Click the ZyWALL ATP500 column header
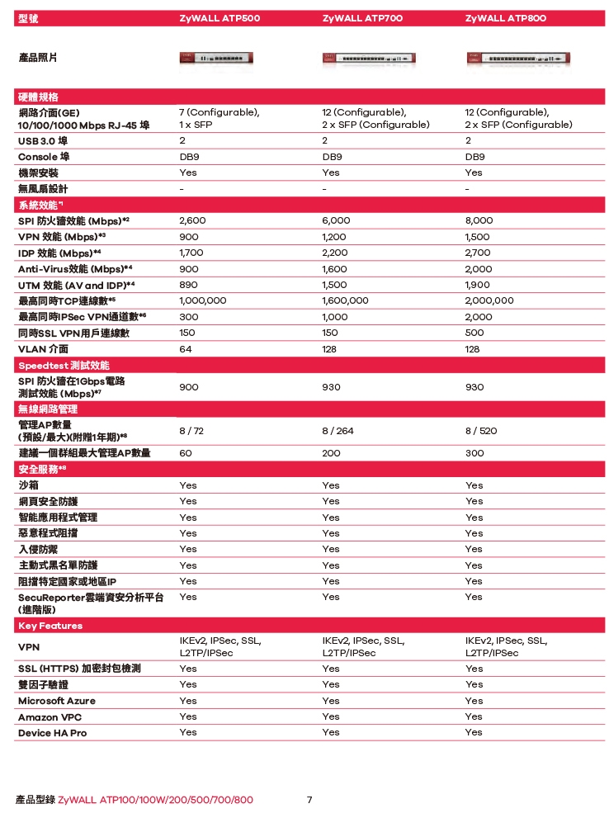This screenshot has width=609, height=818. [219, 19]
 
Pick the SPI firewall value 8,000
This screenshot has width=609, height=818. [479, 221]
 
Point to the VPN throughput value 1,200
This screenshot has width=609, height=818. [336, 237]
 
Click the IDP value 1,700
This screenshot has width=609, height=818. [192, 253]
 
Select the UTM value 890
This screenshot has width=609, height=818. [188, 285]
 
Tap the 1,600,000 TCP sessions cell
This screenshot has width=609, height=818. [346, 301]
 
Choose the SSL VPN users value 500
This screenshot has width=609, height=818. [474, 333]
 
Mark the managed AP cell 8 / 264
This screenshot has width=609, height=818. [338, 431]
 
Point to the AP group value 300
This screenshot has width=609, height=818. [474, 453]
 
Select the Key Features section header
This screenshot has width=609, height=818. [50, 626]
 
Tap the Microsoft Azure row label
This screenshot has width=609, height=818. [57, 701]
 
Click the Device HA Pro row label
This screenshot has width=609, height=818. [52, 733]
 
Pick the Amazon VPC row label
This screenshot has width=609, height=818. [50, 717]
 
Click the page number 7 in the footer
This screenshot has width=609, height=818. [309, 800]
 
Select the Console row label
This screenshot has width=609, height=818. [44, 157]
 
